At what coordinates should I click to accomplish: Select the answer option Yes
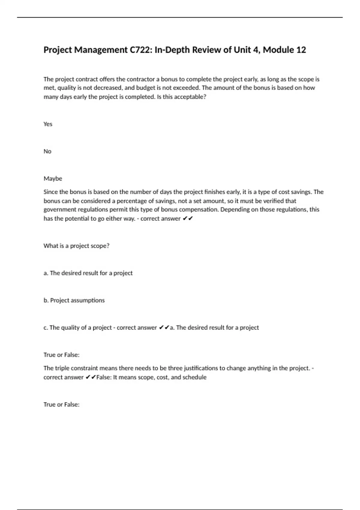point(48,124)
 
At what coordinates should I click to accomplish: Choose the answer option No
point(47,151)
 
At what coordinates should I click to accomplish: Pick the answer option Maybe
point(53,179)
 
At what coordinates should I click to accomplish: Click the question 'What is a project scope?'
point(76,246)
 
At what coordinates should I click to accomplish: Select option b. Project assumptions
point(74,300)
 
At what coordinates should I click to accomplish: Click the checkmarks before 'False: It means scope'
point(91,377)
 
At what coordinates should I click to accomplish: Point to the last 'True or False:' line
point(61,405)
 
